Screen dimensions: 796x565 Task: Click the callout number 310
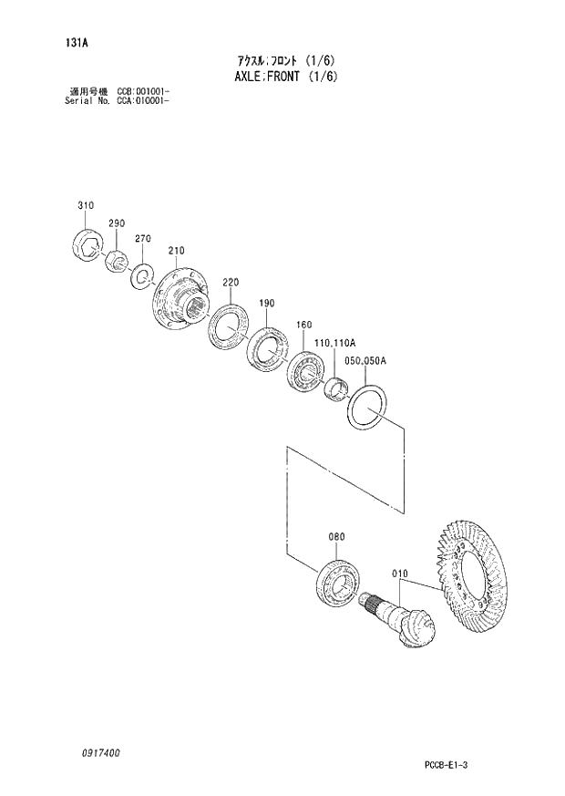(85, 207)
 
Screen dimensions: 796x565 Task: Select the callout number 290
(116, 223)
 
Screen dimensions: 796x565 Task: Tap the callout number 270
(142, 239)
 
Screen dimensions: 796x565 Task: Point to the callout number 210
(176, 251)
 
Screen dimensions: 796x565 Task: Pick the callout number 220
(231, 283)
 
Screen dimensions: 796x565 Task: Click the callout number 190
(266, 304)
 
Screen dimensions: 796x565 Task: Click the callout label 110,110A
(334, 343)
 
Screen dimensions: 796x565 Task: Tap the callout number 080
(336, 537)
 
